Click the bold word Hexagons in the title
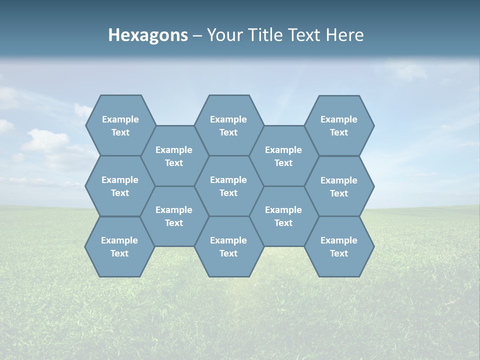(148, 35)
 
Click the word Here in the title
(345, 35)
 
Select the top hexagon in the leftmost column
(120, 125)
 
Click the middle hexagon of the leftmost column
(120, 186)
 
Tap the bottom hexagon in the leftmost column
(119, 246)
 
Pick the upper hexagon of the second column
(174, 156)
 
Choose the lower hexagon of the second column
(174, 216)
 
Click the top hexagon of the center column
(228, 125)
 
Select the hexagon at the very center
(228, 186)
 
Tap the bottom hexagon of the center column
(228, 246)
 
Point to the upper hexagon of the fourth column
(283, 156)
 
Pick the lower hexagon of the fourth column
(283, 216)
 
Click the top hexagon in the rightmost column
(339, 125)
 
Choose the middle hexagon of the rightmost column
(339, 186)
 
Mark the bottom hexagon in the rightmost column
(339, 246)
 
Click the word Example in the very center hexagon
(228, 180)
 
